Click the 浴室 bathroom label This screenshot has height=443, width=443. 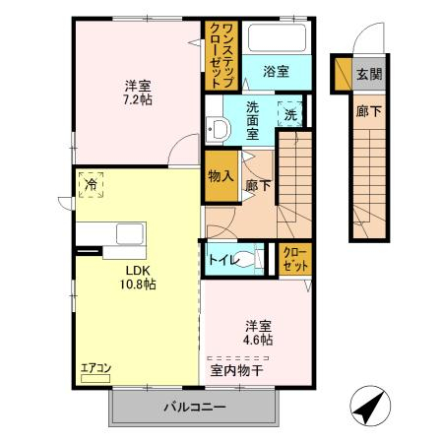(276, 72)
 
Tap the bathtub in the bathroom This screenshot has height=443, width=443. (277, 37)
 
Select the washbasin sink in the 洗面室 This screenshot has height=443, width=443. (218, 129)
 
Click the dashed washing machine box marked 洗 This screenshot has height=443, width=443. (290, 114)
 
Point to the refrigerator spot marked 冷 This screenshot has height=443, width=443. (91, 185)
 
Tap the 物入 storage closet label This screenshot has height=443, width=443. (221, 176)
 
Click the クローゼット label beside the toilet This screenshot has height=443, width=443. (295, 259)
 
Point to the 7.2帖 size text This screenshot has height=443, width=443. (138, 99)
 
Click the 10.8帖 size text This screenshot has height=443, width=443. (138, 285)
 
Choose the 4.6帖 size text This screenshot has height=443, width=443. (258, 340)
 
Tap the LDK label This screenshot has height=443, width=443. (138, 271)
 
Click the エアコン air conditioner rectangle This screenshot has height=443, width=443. (95, 379)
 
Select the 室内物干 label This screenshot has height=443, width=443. (236, 370)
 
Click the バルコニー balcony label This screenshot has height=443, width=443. (195, 408)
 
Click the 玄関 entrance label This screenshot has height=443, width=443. (369, 74)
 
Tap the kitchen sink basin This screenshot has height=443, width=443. (130, 234)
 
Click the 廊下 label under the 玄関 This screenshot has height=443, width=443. (369, 111)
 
